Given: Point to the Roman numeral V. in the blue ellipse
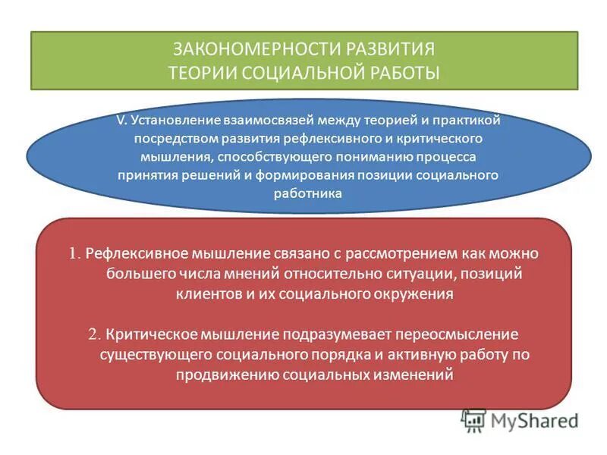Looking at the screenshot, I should tap(121, 119).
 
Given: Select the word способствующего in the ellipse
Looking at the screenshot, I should tap(275, 156).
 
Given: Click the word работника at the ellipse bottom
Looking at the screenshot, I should tap(308, 193).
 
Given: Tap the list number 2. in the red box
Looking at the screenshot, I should tap(95, 334).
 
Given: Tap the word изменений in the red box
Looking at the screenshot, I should tap(413, 375).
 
